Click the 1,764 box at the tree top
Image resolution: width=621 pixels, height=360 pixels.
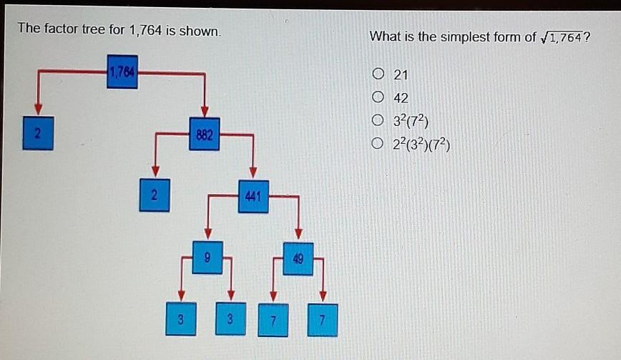(122, 72)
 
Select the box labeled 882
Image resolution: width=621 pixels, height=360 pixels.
(205, 134)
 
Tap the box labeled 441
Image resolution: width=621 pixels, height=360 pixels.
(253, 196)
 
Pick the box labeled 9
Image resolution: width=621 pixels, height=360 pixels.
(207, 258)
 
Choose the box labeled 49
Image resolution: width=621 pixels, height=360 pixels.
(298, 259)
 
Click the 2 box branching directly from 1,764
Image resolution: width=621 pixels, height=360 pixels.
(38, 133)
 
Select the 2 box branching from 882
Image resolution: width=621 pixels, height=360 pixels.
(155, 195)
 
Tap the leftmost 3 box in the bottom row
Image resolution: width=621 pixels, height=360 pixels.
(181, 318)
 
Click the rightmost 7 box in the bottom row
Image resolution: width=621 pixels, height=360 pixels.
(323, 320)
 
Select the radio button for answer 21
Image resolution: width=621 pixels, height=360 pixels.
(378, 74)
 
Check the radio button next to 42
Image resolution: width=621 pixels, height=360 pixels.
(378, 97)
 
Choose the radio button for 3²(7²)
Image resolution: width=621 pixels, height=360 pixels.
(378, 120)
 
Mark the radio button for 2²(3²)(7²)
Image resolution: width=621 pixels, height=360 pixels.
(378, 143)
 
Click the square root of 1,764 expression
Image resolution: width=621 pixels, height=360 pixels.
(562, 37)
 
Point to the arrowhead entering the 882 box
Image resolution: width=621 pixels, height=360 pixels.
(205, 112)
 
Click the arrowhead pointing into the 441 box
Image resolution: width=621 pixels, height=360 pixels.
(253, 172)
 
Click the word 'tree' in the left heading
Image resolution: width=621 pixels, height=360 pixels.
(93, 29)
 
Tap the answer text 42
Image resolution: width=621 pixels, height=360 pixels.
(401, 98)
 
